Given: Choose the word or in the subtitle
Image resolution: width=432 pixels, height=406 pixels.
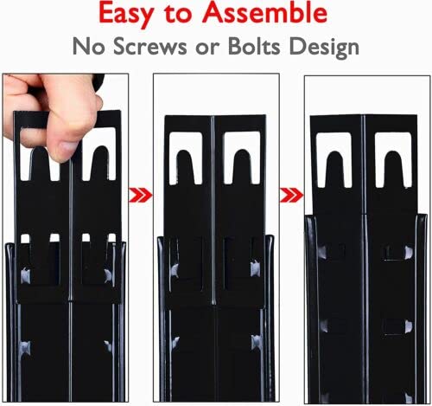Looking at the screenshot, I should (x=206, y=45).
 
